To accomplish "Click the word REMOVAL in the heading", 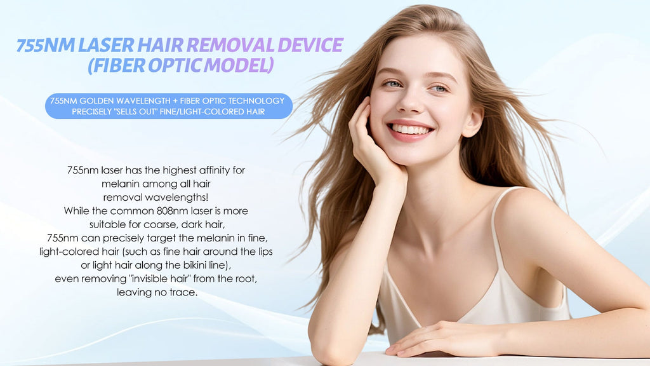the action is pyautogui.click(x=230, y=45).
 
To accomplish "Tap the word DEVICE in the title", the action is pyautogui.click(x=310, y=45).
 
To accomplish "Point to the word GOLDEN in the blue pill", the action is pyautogui.click(x=96, y=101).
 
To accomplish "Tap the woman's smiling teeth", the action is pyautogui.click(x=410, y=130).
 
